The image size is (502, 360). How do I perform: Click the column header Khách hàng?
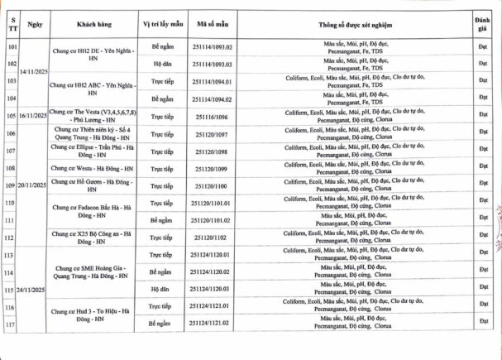click(94, 25)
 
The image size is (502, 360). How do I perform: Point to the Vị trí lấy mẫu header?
click(161, 25)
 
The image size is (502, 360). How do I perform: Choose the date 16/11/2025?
click(34, 118)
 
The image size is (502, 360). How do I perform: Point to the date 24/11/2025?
click(34, 290)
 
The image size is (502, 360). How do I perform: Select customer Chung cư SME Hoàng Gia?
click(94, 272)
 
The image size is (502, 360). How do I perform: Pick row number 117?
click(12, 324)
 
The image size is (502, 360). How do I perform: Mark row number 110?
click(12, 203)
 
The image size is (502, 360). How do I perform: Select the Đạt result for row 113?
click(483, 254)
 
